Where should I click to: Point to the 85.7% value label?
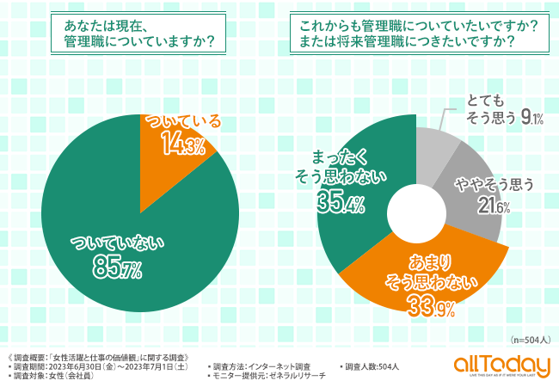point(117,270)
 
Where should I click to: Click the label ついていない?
point(117,244)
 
